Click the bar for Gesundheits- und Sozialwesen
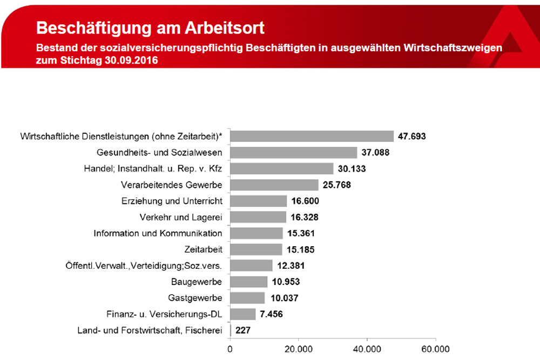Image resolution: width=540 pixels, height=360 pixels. [294, 153]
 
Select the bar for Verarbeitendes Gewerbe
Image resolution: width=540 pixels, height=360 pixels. [274, 185]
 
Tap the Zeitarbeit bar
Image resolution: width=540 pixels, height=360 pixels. [256, 249]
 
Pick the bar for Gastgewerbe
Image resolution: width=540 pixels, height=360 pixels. [247, 298]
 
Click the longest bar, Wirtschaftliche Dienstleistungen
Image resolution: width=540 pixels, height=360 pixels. [312, 137]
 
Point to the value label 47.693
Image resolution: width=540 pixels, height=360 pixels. [412, 137]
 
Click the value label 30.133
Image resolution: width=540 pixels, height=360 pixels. [352, 169]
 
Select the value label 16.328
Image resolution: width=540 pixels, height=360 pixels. [305, 218]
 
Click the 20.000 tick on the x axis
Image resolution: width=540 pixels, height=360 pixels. [299, 349]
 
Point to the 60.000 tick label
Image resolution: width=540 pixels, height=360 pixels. [435, 349]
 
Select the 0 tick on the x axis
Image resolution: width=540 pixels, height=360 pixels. [231, 349]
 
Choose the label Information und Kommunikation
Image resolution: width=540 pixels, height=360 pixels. [158, 234]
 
